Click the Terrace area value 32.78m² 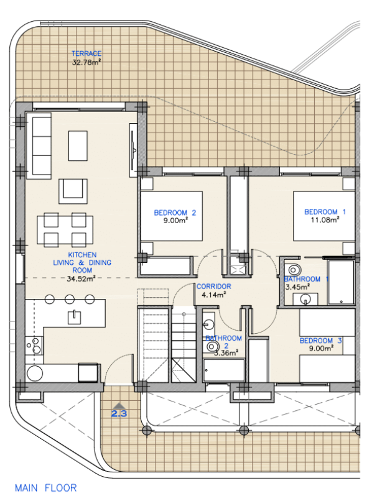86,62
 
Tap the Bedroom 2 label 175,213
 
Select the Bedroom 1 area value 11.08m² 325,219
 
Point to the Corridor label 214,287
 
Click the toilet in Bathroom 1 294,270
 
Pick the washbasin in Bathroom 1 305,299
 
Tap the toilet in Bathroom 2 211,347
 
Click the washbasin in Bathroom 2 208,324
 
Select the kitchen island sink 74,317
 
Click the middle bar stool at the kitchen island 70,299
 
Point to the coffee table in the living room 78,146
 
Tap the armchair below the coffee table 73,191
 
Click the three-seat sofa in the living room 39,146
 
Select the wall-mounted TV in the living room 133,150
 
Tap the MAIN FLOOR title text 46,488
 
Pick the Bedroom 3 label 320,341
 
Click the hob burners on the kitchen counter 34,346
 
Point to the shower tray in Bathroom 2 224,370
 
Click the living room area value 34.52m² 81,279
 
